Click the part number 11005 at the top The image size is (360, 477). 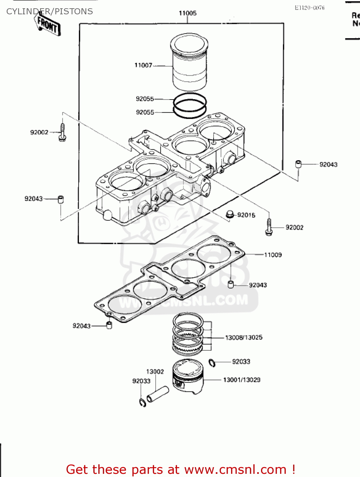point(187,13)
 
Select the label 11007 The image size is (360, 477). point(143,65)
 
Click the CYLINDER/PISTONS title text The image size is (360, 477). point(50,11)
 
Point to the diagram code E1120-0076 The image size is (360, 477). point(309,8)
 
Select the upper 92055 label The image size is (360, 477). point(145,99)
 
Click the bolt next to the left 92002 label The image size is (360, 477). point(62,132)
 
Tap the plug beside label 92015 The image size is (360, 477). point(230,215)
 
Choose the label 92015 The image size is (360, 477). point(246,215)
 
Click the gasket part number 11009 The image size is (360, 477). point(273,255)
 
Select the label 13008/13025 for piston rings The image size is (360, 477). point(244,337)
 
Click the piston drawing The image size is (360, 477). point(188,377)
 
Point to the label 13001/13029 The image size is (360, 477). point(242,380)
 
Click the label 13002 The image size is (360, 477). point(155,371)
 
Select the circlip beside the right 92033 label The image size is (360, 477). point(212,363)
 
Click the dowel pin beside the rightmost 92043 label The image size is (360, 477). point(298,164)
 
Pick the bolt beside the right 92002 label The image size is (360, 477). point(269,227)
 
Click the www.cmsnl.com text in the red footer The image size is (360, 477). point(235,469)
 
